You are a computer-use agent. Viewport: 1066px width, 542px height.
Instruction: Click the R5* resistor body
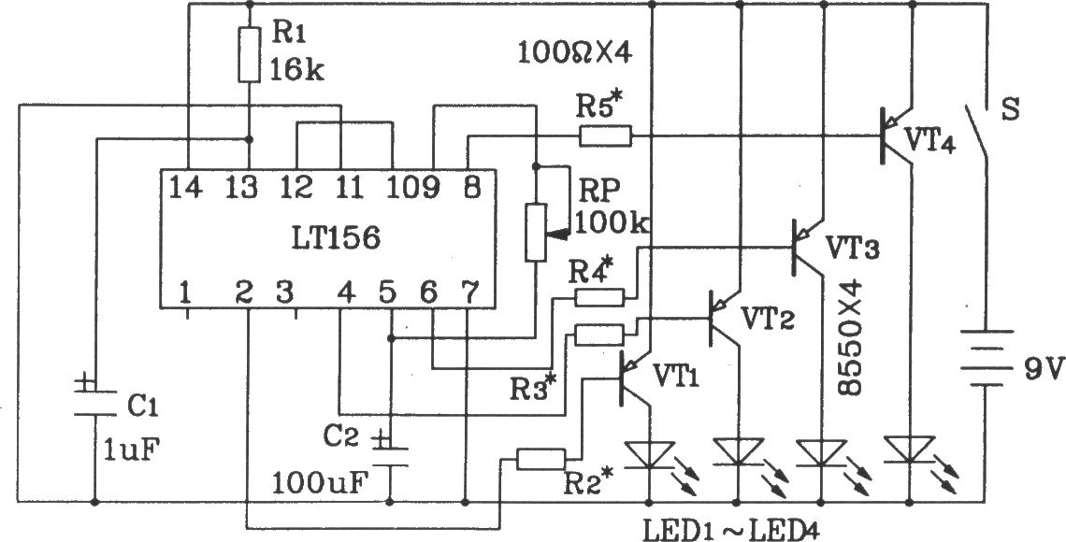[605, 135]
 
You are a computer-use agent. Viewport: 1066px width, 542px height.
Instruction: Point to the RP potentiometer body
[536, 232]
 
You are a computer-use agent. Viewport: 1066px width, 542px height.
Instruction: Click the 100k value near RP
[612, 222]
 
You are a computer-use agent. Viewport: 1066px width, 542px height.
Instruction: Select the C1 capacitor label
[142, 406]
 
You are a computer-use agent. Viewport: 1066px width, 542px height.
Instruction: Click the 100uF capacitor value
[320, 482]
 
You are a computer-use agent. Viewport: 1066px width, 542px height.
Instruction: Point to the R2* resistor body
[541, 459]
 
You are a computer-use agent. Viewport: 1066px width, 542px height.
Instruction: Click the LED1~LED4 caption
[731, 528]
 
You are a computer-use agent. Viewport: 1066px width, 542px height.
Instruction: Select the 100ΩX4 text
[575, 53]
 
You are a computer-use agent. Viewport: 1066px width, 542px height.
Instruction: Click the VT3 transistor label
[852, 248]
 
